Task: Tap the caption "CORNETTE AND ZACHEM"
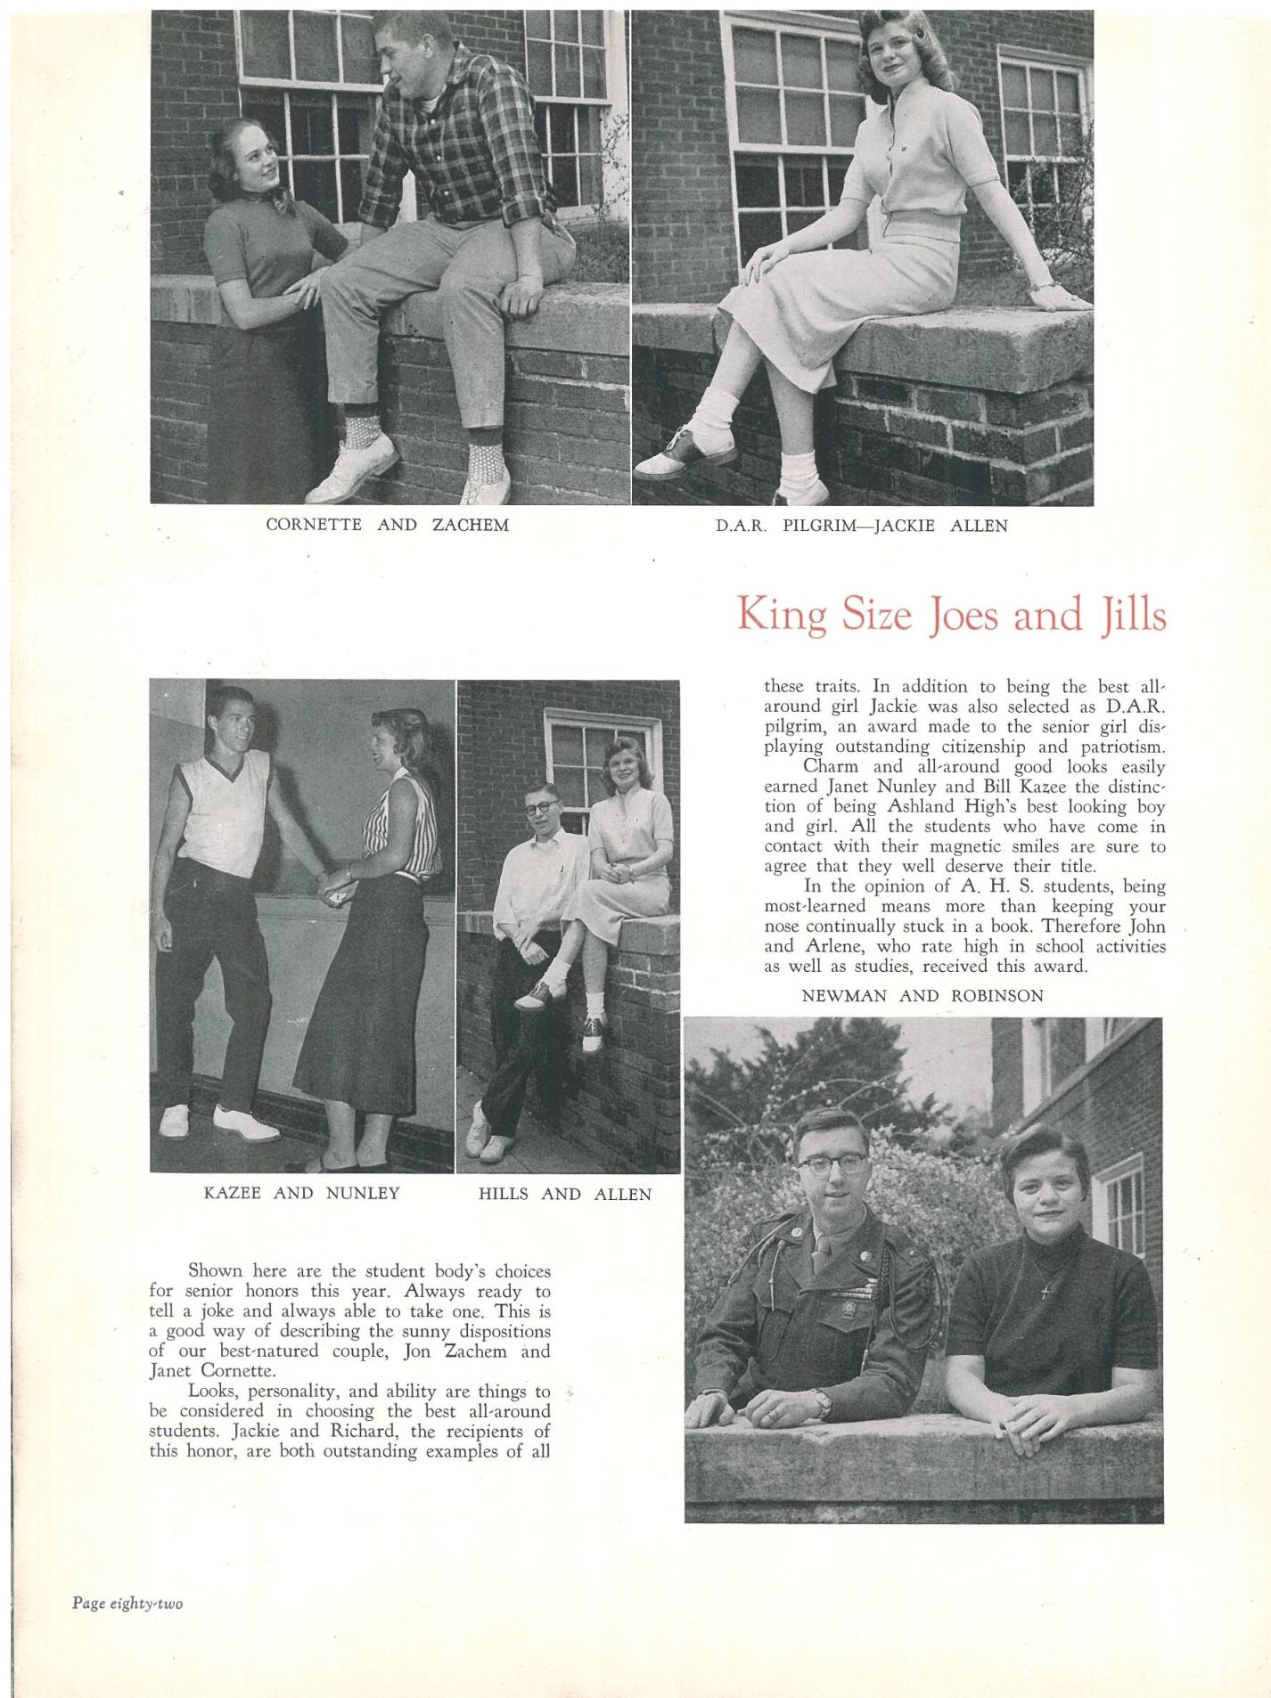tap(387, 525)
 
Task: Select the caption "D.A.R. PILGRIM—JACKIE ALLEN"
tap(861, 526)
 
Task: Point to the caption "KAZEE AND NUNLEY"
tap(301, 1193)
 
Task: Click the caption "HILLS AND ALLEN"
tap(565, 1194)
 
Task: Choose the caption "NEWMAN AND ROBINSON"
tap(922, 996)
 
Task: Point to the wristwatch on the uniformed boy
tap(821, 1404)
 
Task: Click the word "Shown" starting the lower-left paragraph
tap(215, 1271)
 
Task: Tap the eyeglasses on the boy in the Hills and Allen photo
tap(538, 808)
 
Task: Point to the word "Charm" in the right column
tap(831, 766)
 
